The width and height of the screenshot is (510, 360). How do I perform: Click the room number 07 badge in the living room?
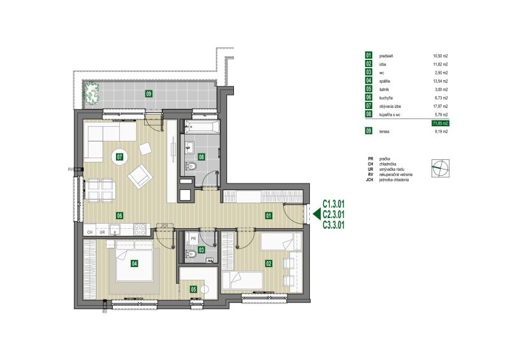(x=120, y=157)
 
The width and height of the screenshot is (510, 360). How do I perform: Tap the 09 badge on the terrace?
(x=149, y=94)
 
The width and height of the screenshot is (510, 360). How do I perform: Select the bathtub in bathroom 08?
(x=202, y=127)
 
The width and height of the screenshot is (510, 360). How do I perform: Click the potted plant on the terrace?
(x=91, y=94)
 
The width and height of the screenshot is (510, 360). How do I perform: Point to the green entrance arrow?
(x=316, y=214)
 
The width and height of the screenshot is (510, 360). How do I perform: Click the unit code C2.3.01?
(x=333, y=214)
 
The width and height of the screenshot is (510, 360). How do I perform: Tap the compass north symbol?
(x=441, y=168)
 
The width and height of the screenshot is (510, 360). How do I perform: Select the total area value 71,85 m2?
(x=441, y=123)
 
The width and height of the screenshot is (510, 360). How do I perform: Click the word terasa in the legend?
(x=384, y=132)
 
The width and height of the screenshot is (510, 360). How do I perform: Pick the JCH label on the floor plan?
(x=164, y=225)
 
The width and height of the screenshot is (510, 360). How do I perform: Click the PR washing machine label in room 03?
(x=194, y=239)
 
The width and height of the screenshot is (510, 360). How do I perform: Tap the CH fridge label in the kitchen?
(x=90, y=232)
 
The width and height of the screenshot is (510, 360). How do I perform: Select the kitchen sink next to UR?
(x=115, y=229)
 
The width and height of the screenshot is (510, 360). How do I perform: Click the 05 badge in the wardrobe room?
(x=194, y=289)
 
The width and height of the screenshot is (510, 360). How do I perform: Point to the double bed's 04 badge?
(x=135, y=263)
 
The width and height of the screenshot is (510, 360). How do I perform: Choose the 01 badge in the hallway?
(x=268, y=215)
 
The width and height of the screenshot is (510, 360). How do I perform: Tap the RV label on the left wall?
(x=70, y=169)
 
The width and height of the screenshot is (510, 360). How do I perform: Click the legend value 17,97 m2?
(x=441, y=106)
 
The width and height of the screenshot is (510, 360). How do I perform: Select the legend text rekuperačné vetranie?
(x=396, y=175)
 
